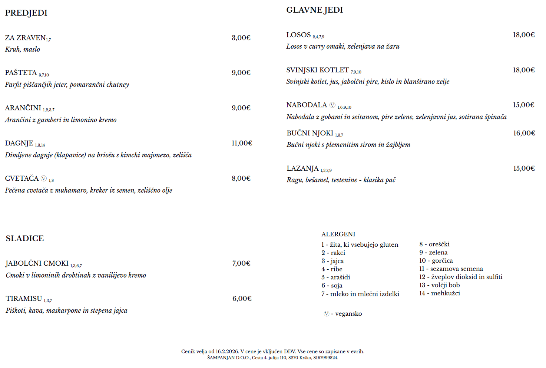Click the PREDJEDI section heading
click(26, 13)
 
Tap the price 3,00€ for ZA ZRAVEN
click(241, 38)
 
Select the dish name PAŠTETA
click(21, 73)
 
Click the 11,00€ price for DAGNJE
click(242, 143)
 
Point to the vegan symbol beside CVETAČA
click(44, 178)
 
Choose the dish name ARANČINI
click(23, 108)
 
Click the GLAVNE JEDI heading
click(314, 10)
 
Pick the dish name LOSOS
click(298, 35)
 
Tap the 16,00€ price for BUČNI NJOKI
click(524, 133)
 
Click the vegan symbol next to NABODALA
click(332, 105)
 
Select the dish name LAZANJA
click(302, 168)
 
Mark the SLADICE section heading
click(25, 239)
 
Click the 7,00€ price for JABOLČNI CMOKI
click(241, 263)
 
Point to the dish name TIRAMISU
click(24, 299)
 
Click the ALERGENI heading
click(338, 234)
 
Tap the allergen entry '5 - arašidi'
click(336, 277)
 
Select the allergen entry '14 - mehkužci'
click(440, 293)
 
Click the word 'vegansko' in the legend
click(348, 314)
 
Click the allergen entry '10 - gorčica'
click(436, 261)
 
